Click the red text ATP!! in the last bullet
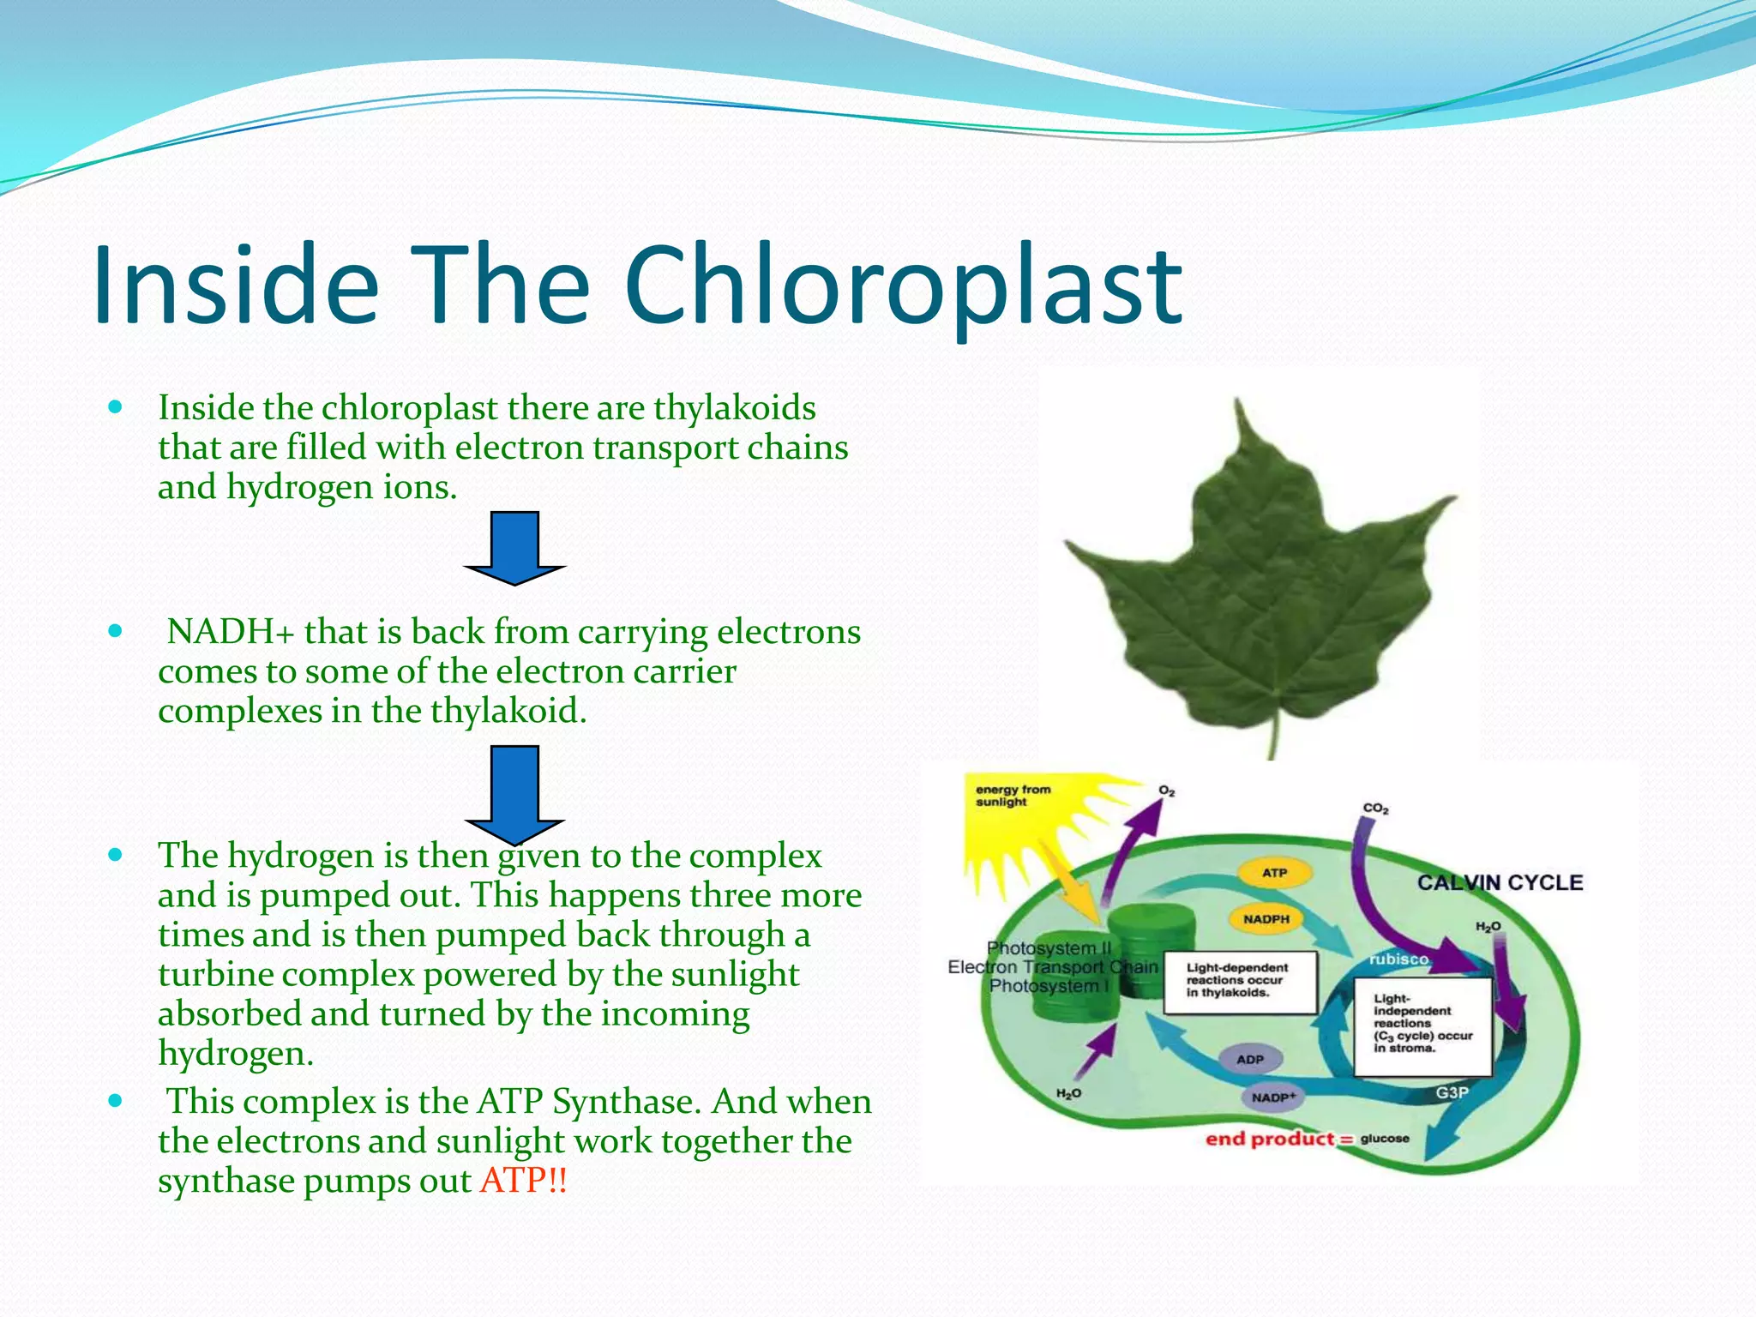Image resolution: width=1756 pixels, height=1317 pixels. coord(523,1181)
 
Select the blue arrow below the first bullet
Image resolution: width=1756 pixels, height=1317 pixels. coord(514,548)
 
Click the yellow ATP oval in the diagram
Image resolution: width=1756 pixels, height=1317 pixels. coord(1274,873)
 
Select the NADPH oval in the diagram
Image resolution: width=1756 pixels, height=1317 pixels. coord(1266,919)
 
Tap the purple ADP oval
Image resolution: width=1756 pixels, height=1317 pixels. coord(1250,1059)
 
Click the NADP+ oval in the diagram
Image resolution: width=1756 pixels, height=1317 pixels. coord(1273,1097)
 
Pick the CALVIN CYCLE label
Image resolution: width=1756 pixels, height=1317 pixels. coord(1500,882)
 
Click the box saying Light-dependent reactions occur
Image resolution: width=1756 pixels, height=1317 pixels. coord(1239,980)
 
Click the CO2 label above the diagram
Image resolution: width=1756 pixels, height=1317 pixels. coord(1375,809)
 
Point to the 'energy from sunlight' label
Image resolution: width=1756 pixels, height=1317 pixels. coord(1013,796)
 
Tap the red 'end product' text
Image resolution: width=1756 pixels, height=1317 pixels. coord(1270,1139)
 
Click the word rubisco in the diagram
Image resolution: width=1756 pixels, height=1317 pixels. coord(1398,959)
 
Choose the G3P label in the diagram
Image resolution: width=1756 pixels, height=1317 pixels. coord(1452,1092)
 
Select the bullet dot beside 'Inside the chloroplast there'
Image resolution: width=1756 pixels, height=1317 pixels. coord(116,406)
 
